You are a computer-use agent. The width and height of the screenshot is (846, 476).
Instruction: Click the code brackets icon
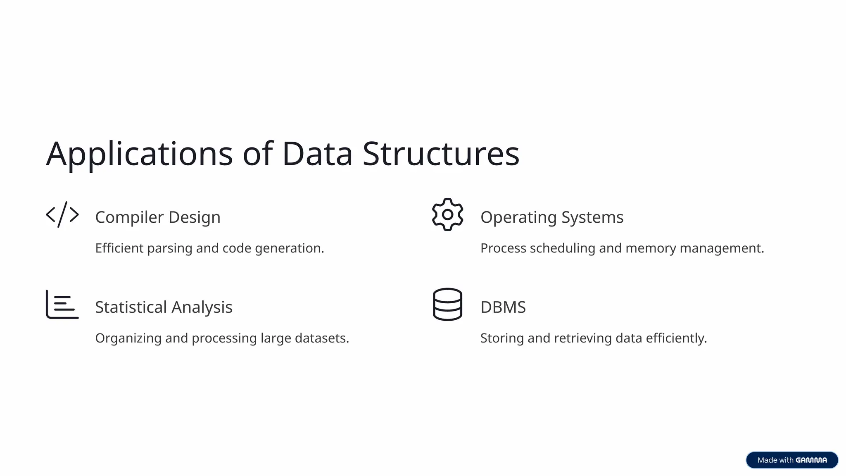coord(62,214)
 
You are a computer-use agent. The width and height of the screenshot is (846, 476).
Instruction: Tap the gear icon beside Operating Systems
coord(447,214)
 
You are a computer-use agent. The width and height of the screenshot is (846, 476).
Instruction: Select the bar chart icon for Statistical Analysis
coord(62,305)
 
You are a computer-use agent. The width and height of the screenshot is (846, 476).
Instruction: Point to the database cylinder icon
coord(447,305)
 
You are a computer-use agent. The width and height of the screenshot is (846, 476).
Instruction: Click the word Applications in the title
coord(139,154)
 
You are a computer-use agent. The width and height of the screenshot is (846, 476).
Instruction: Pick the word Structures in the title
coord(441,154)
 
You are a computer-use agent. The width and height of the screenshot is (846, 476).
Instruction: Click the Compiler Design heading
coord(158,217)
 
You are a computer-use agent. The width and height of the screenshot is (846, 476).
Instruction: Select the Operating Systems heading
coord(552,217)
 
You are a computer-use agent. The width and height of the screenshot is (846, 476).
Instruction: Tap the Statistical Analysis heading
coord(164,307)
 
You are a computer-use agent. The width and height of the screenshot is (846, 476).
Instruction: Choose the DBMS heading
coord(503,307)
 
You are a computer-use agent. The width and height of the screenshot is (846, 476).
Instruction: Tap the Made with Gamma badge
coord(792,460)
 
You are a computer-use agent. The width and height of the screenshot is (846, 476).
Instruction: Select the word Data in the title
coord(317,154)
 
